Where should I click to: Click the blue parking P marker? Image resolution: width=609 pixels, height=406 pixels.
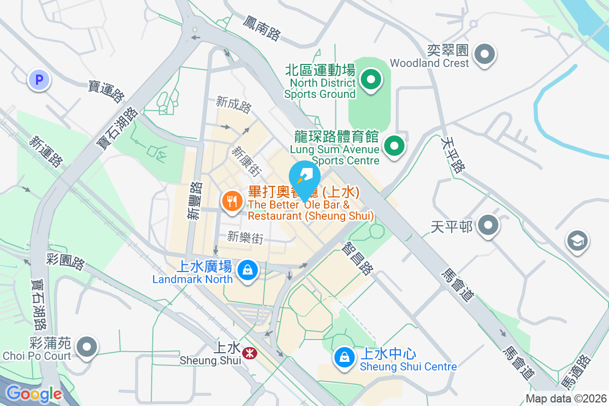click(39, 79)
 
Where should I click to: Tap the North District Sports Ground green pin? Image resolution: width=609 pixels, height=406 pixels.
click(371, 80)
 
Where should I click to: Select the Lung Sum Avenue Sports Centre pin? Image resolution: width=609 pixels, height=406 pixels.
click(394, 147)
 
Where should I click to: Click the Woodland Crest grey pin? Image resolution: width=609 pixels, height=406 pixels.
click(484, 53)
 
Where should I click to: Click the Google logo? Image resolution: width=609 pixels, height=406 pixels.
click(33, 394)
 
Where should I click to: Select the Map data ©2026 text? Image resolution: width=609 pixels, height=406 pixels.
click(565, 399)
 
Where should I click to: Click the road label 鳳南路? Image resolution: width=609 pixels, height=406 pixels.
click(261, 27)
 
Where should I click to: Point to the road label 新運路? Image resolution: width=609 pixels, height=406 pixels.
click(46, 151)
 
